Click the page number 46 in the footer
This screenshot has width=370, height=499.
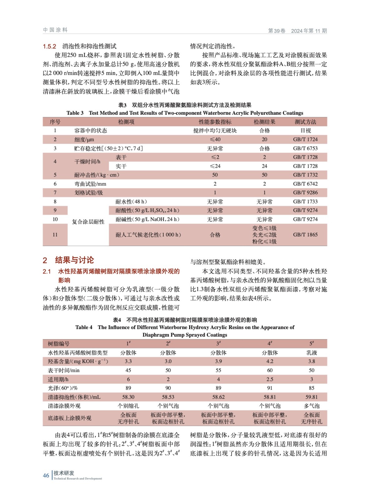pyautogui.click(x=46, y=475)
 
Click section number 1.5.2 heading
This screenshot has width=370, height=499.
pyautogui.click(x=50, y=46)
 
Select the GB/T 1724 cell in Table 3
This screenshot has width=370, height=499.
pyautogui.click(x=305, y=139)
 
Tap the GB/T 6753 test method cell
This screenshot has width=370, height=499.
pyautogui.click(x=305, y=148)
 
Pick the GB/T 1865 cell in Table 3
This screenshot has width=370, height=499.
pyautogui.click(x=305, y=235)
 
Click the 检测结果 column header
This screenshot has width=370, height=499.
pyautogui.click(x=264, y=122)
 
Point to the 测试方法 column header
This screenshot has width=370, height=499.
pyautogui.click(x=305, y=122)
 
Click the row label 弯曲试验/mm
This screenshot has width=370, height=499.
pyautogui.click(x=90, y=184)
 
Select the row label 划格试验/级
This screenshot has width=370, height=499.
pyautogui.click(x=89, y=193)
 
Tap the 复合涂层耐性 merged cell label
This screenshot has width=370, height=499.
pyautogui.click(x=88, y=222)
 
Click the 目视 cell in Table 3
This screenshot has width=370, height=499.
pyautogui.click(x=305, y=131)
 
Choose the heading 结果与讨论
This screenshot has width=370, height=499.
pyautogui.click(x=74, y=260)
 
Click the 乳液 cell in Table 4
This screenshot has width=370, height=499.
pyautogui.click(x=311, y=353)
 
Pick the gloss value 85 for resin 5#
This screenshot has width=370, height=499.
pyautogui.click(x=311, y=388)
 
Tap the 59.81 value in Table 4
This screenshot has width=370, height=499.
pyautogui.click(x=311, y=397)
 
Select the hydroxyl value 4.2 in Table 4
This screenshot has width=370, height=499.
pyautogui.click(x=270, y=361)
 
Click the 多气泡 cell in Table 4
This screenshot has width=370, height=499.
pyautogui.click(x=311, y=406)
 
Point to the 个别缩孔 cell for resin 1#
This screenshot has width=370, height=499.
pyautogui.click(x=128, y=406)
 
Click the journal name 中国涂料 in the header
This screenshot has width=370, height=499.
pyautogui.click(x=55, y=30)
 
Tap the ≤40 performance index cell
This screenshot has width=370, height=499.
pyautogui.click(x=215, y=139)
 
